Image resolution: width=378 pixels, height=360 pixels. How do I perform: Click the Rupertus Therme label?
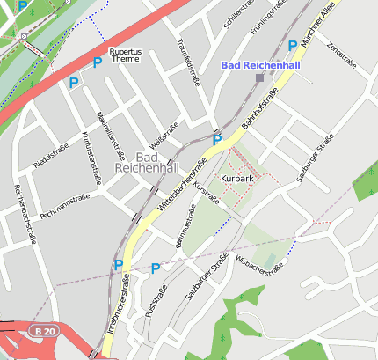pos(124,55)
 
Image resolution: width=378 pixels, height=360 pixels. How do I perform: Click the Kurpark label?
pos(237,179)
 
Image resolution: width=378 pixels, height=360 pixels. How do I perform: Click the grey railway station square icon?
pos(259,78)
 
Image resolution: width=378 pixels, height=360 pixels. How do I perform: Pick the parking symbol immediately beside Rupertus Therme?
pos(97,62)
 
